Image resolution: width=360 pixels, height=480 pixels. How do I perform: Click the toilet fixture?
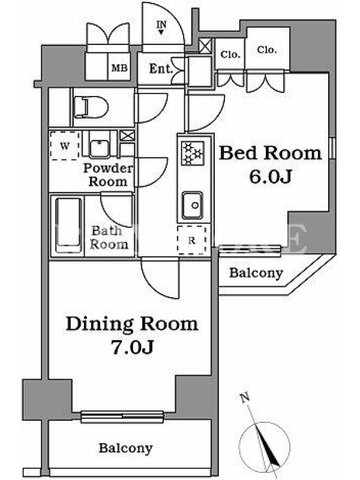point(91,107)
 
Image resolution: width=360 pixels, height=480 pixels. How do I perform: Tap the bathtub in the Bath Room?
point(68,226)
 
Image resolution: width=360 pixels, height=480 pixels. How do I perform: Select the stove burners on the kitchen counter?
point(193,153)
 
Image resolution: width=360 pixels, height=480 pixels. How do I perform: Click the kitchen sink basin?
point(192,205)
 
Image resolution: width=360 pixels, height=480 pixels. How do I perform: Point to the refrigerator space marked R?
point(192,241)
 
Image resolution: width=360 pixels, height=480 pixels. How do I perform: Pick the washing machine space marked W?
point(65,146)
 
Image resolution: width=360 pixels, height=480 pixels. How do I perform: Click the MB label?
point(119,68)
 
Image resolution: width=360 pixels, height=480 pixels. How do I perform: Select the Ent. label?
point(161,68)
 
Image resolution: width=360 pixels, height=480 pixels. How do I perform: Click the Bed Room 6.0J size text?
point(271,176)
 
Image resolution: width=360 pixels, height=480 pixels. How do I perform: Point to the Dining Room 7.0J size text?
point(132,347)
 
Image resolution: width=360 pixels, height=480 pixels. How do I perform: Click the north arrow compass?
point(264,445)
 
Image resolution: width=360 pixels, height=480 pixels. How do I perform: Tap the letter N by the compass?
point(245,398)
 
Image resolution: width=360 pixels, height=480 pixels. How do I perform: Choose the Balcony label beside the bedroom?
point(256,273)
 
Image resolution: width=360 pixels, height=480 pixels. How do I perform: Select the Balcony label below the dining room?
point(125,448)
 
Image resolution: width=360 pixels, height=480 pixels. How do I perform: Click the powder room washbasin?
point(99,148)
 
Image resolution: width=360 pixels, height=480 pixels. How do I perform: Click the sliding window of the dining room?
point(122,416)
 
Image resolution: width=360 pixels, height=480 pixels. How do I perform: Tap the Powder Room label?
point(109,175)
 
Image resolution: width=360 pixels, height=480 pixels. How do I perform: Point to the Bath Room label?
point(109,238)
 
